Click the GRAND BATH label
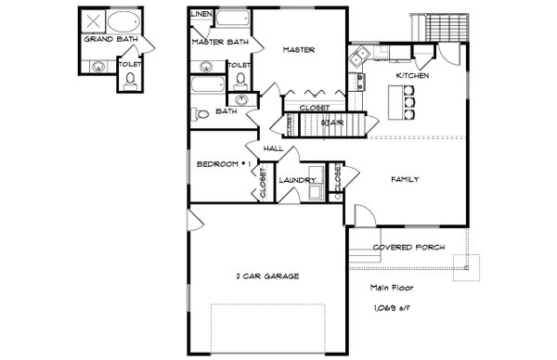point(105,40)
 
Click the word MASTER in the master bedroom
point(301,50)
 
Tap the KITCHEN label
point(411,75)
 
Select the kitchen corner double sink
point(358,60)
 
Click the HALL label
point(273,148)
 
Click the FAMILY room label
point(404,179)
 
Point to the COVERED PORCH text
point(407,248)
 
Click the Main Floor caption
point(388,287)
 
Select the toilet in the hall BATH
point(201,114)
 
